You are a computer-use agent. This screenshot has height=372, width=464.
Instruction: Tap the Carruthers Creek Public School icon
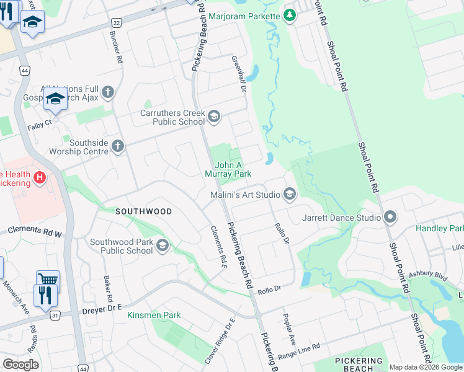(214, 117)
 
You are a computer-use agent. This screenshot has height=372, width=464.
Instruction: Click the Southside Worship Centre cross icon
(118, 146)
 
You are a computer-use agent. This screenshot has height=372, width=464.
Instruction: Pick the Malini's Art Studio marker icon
(289, 195)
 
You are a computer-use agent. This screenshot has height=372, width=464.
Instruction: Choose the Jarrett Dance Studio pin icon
(390, 218)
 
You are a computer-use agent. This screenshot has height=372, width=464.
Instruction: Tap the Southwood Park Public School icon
(162, 246)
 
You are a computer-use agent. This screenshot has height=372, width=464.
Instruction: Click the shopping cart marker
(48, 279)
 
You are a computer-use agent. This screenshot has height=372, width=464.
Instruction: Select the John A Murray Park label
(233, 169)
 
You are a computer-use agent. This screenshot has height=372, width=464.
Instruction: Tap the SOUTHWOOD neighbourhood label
(143, 211)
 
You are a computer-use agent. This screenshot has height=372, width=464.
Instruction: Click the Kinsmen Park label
(154, 315)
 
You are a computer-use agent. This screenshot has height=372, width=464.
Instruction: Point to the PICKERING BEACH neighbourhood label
(359, 365)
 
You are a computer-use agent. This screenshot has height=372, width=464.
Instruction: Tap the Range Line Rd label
(298, 351)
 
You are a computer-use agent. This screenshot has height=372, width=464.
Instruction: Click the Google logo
(20, 364)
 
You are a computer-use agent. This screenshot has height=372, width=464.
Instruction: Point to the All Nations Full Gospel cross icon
(108, 93)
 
